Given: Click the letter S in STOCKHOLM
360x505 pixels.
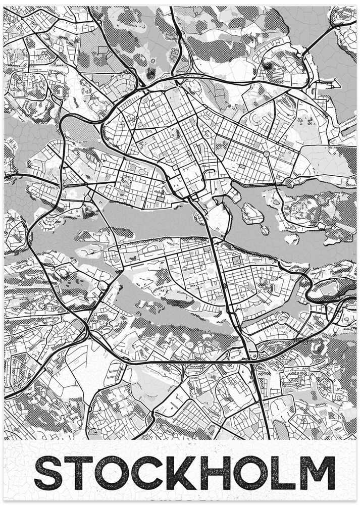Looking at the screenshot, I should tap(49, 473).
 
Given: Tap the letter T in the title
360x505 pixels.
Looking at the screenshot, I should tap(79, 473).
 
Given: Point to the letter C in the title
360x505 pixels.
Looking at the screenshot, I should tap(146, 473).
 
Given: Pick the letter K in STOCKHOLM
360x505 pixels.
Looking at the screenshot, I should tap(178, 473).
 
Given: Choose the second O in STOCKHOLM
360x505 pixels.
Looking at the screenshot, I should tap(246, 473).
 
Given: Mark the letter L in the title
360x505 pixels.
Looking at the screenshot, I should tap(278, 473).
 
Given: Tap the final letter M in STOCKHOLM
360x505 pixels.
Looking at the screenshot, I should tap(314, 473).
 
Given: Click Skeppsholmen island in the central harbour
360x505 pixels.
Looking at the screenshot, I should tap(252, 213).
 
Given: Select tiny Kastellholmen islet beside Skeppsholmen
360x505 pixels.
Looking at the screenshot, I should tap(265, 230).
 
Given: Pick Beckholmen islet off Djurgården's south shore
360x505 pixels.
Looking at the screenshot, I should tap(291, 237).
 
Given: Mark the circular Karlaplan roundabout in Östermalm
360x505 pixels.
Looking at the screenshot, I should tap(266, 154).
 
